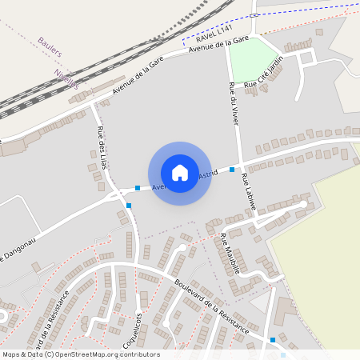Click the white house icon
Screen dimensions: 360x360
click(180, 172)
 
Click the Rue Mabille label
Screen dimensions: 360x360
click(230, 252)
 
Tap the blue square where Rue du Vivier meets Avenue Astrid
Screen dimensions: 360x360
click(232, 170)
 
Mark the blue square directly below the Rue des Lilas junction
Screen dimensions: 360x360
click(129, 206)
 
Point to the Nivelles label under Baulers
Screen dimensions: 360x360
click(67, 78)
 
